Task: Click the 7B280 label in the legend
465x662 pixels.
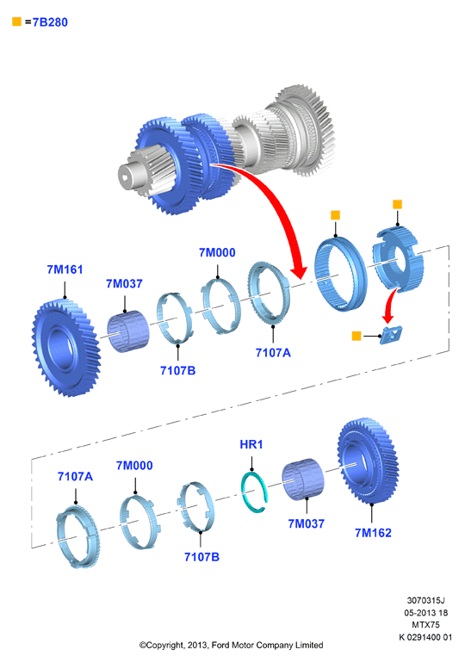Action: click(50, 22)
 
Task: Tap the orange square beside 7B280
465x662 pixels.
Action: click(17, 22)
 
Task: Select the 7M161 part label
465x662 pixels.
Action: click(65, 269)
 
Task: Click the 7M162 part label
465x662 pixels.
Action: click(373, 533)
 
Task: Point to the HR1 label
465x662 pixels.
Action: click(251, 444)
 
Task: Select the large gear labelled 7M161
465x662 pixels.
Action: click(65, 348)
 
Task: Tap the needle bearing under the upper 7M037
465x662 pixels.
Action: click(128, 331)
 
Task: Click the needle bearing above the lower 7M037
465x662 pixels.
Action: click(303, 479)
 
